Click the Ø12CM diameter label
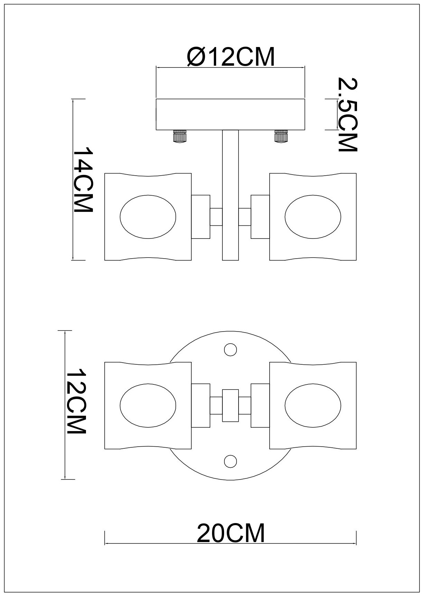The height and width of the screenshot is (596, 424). (231, 57)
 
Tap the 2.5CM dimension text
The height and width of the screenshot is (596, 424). (347, 114)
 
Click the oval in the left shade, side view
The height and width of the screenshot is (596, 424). (148, 217)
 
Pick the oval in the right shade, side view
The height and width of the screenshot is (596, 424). (313, 217)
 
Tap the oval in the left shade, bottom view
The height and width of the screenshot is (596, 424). (148, 405)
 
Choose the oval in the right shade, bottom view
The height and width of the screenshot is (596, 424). (313, 405)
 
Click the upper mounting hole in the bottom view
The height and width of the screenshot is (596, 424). (230, 350)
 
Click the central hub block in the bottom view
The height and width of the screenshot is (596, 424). (230, 405)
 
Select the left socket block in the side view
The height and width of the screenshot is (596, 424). (201, 217)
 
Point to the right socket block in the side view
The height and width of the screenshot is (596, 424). (260, 217)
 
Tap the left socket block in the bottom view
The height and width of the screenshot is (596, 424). (201, 405)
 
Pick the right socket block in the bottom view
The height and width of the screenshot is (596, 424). (260, 405)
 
